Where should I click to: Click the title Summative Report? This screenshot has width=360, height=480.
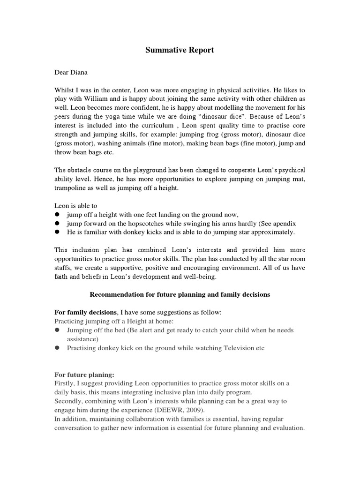click(180, 50)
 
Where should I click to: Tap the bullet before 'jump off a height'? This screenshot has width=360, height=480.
click(57, 214)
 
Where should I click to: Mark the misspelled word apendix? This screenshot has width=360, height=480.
click(283, 223)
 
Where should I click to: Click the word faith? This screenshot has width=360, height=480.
click(62, 277)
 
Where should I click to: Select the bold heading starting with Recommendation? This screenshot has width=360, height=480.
click(180, 294)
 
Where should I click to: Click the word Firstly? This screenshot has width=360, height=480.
click(66, 383)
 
